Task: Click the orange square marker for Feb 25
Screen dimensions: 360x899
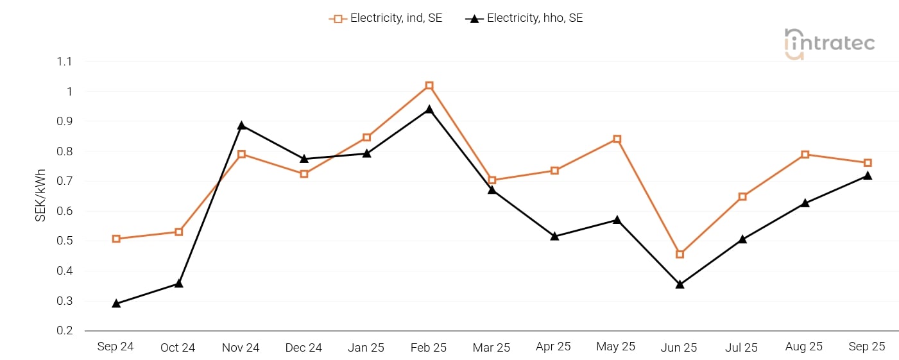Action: point(429,85)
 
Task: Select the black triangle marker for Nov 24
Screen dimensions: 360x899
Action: point(241,125)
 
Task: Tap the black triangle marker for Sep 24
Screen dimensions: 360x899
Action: point(116,303)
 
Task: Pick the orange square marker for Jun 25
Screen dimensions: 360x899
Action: point(680,254)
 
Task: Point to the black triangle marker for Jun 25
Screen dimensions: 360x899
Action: point(680,284)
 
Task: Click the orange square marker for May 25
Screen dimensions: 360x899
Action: point(617,139)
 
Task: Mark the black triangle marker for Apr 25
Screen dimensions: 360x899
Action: point(554,236)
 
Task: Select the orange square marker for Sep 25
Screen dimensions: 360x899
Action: point(868,162)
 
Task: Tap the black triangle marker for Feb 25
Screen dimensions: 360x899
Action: point(429,109)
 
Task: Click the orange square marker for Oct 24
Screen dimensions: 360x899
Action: point(179,232)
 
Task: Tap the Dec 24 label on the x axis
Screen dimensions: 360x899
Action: point(304,347)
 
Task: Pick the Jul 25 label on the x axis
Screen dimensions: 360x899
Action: point(742,347)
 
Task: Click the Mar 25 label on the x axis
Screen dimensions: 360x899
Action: point(492,347)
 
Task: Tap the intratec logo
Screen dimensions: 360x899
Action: point(830,44)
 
